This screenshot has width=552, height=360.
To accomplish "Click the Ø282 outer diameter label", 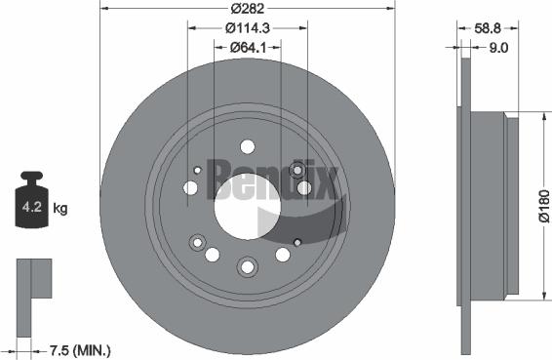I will pos(246,10).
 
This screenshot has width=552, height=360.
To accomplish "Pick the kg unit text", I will pos(59,208).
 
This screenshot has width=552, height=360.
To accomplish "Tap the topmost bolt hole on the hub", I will pos(247,147).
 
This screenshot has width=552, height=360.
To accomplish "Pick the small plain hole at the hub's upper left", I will pos(197,170).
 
